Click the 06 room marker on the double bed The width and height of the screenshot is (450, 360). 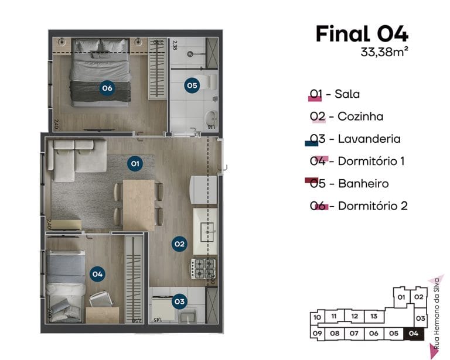pyautogui.click(x=107, y=88)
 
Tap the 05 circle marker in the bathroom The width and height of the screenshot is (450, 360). pyautogui.click(x=192, y=85)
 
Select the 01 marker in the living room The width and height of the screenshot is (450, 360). pyautogui.click(x=135, y=163)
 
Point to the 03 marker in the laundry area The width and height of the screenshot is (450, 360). pyautogui.click(x=179, y=302)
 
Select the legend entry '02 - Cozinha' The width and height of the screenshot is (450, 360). pyautogui.click(x=346, y=116)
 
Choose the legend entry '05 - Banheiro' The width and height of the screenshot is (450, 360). pyautogui.click(x=349, y=184)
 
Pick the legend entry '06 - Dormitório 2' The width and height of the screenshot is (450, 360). pyautogui.click(x=359, y=206)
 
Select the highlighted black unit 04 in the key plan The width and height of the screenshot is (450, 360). pyautogui.click(x=414, y=334)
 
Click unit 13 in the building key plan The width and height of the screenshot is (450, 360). pyautogui.click(x=374, y=317)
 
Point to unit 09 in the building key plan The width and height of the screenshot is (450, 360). pyautogui.click(x=317, y=334)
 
